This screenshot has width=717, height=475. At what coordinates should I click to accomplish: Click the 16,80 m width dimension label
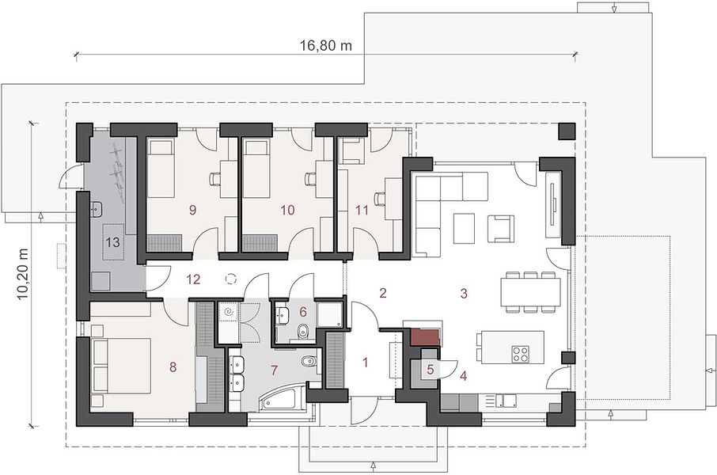point(326,45)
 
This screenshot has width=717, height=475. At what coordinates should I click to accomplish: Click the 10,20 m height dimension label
point(23,274)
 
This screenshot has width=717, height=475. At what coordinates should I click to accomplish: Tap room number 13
point(112,241)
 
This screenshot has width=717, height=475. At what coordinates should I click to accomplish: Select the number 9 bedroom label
point(192,210)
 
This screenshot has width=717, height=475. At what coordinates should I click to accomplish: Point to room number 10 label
point(287,210)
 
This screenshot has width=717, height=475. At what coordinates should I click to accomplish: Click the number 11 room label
point(362,210)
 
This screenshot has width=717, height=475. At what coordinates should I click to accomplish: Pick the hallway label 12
point(193,279)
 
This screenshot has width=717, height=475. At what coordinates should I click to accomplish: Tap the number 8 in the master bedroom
point(173,367)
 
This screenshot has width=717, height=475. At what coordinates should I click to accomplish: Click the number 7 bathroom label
point(274,370)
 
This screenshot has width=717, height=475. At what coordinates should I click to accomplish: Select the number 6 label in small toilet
point(303,312)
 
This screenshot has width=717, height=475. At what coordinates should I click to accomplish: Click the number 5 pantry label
point(431,369)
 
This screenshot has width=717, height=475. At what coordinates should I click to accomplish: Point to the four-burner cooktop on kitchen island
point(521,352)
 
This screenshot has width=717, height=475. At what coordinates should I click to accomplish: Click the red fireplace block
point(425,336)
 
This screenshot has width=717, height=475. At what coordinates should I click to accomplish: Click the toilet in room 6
point(302,332)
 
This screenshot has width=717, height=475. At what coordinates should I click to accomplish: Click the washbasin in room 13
point(97,209)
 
